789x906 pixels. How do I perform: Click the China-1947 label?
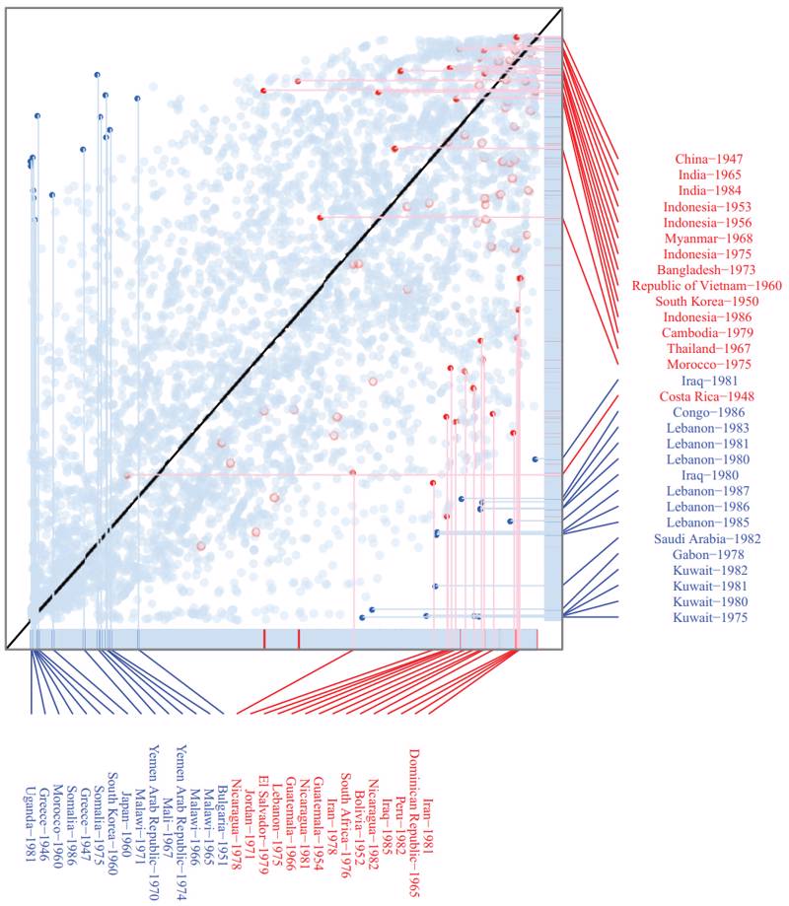[709, 159]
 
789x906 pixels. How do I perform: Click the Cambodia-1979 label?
[709, 333]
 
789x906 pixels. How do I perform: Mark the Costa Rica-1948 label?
[709, 396]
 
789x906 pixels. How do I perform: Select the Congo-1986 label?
[709, 412]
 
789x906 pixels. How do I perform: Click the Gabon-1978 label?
[709, 555]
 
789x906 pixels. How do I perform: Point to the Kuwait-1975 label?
[709, 618]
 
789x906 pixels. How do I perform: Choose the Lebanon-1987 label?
[709, 491]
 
